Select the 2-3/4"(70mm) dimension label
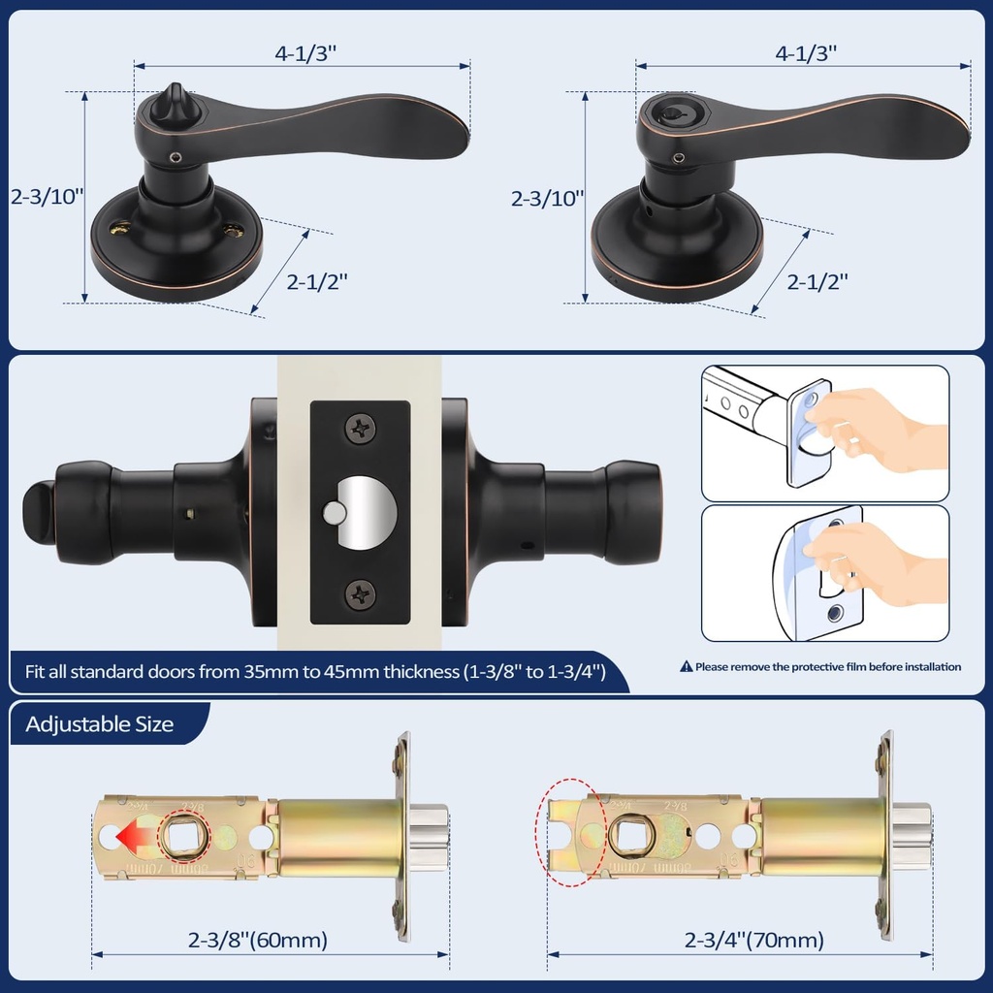pyautogui.click(x=753, y=940)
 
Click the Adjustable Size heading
pyautogui.click(x=100, y=724)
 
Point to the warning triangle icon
pyautogui.click(x=687, y=667)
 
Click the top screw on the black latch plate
pyautogui.click(x=361, y=428)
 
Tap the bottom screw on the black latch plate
pyautogui.click(x=361, y=593)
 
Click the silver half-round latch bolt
pyautogui.click(x=367, y=513)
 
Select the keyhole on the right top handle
pyautogui.click(x=670, y=112)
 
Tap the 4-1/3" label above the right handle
pyautogui.click(x=806, y=53)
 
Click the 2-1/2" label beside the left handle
pyautogui.click(x=317, y=282)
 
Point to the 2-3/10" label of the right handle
pyautogui.click(x=548, y=199)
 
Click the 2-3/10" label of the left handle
pyautogui.click(x=48, y=195)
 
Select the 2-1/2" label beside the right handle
pyautogui.click(x=817, y=282)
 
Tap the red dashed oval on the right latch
pyautogui.click(x=572, y=832)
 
